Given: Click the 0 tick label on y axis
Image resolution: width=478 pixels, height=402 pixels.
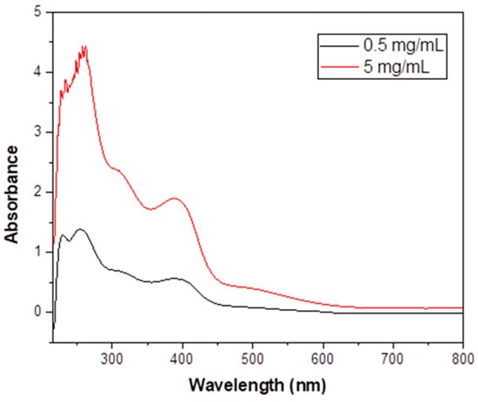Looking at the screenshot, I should [37, 312].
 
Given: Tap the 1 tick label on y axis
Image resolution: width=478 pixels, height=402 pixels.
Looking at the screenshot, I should [37, 252].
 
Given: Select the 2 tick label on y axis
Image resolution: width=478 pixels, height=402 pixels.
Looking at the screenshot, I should [37, 192].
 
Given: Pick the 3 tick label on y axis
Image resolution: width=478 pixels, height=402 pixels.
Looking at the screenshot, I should [37, 132].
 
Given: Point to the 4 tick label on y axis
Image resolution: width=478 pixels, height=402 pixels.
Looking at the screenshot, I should [37, 72].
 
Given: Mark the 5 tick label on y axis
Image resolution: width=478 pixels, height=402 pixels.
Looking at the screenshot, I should [37, 13].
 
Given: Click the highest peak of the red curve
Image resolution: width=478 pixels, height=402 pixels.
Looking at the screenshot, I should [84, 46].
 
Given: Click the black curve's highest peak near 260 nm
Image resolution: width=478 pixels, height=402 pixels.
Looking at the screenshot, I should [80, 229].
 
